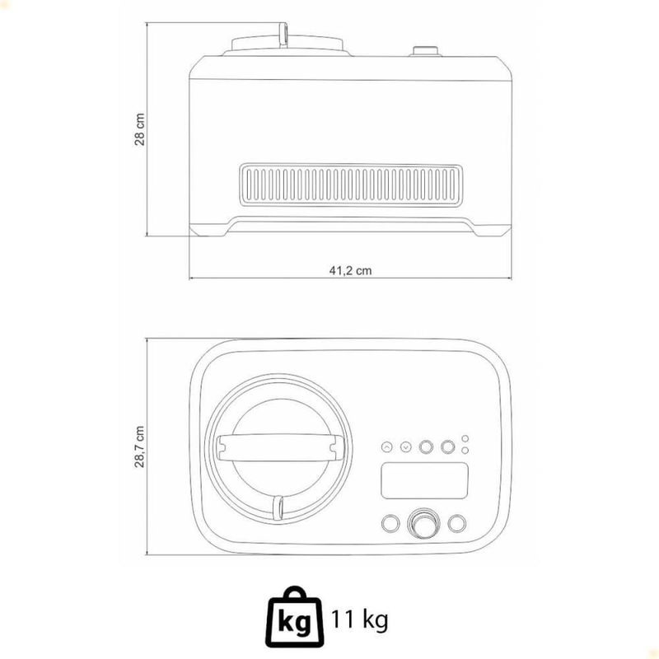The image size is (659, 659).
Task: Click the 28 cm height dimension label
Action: [x=139, y=129]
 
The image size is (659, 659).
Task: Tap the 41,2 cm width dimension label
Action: [x=350, y=271]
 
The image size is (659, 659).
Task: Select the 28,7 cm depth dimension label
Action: [x=139, y=446]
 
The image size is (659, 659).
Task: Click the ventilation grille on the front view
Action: [x=351, y=185]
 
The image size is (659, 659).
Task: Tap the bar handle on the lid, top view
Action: [x=279, y=448]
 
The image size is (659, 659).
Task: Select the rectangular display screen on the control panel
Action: [x=424, y=481]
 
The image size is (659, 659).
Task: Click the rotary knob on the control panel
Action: [x=423, y=523]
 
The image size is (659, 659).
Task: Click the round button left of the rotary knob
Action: [x=390, y=523]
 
